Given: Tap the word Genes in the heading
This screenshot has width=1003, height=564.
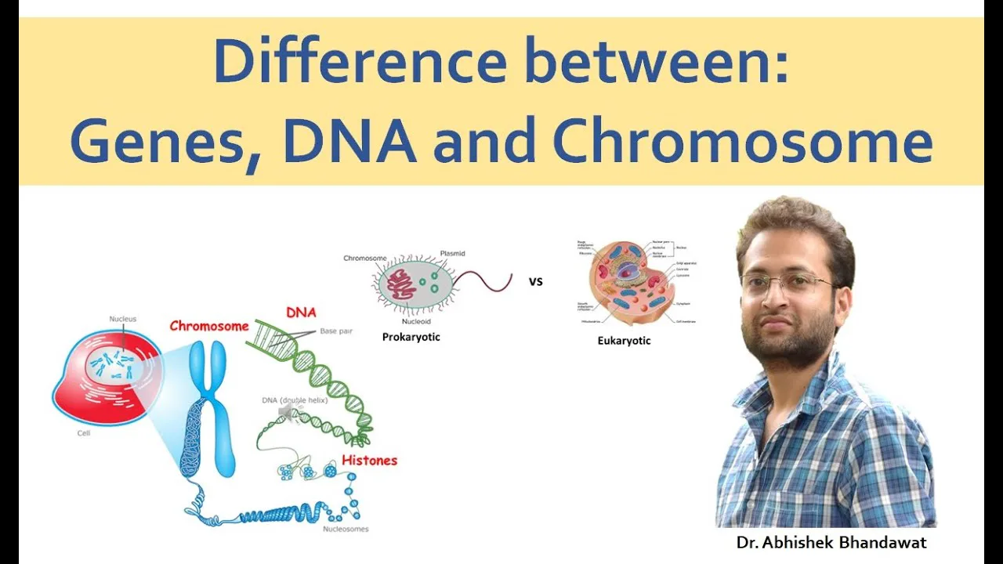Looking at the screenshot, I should (x=165, y=141).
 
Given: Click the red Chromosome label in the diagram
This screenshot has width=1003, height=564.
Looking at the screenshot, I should (x=209, y=326).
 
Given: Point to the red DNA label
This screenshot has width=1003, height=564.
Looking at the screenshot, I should (x=301, y=313).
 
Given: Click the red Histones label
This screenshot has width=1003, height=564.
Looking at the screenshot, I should (x=369, y=461).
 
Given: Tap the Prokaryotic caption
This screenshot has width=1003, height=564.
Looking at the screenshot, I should (x=411, y=337).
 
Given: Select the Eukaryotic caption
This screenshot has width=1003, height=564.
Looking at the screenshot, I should (x=625, y=341).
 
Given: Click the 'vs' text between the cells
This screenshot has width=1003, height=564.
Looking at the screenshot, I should (x=536, y=281).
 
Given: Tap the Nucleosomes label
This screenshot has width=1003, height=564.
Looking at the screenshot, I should (x=346, y=529).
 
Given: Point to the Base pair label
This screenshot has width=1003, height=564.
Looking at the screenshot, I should (x=336, y=331).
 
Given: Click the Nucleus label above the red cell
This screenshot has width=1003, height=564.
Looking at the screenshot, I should (x=122, y=319).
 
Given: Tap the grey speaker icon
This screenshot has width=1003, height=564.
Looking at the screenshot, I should (x=286, y=414).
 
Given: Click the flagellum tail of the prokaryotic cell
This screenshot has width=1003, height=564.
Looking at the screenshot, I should (x=485, y=280).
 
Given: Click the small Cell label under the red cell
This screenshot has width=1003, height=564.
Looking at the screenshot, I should (x=83, y=432).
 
